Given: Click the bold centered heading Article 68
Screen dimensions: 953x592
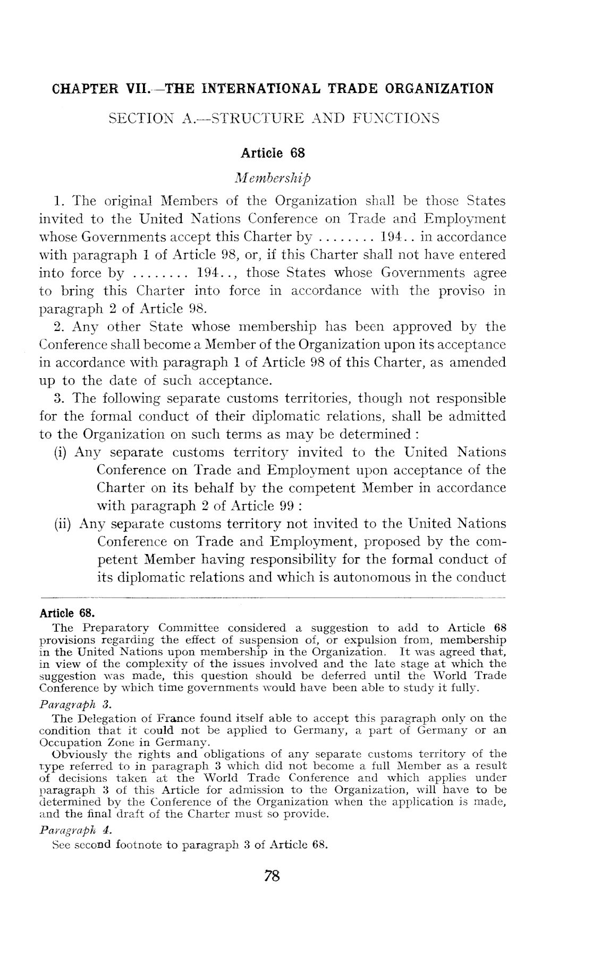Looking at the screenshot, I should pos(273,154).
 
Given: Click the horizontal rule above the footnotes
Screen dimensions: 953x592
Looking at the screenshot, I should pos(273,597).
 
